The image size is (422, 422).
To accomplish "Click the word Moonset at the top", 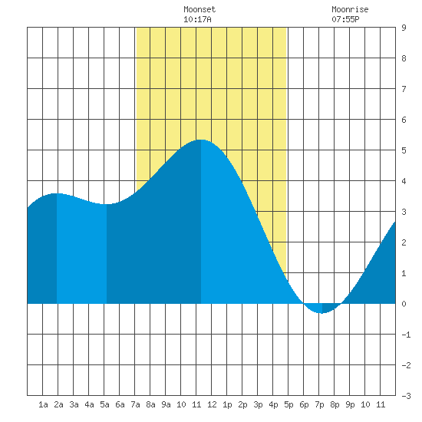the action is (x=199, y=9).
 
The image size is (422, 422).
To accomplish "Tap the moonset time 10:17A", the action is (x=197, y=19).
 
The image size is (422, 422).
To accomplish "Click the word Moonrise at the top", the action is (x=350, y=9).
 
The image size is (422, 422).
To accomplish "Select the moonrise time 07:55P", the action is (x=345, y=19).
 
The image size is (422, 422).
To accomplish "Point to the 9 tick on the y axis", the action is (x=404, y=28).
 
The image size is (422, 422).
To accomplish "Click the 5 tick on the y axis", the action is (x=404, y=150).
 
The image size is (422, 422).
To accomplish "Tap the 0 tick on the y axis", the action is (x=404, y=304).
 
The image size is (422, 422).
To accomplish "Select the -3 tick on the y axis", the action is (x=406, y=396).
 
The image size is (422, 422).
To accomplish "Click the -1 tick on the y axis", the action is (x=406, y=335).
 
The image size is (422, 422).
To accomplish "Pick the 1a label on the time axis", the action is (x=43, y=404).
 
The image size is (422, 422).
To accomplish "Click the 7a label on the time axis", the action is (x=135, y=404).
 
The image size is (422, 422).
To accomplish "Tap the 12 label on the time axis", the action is (x=212, y=404).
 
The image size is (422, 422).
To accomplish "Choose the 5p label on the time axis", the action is (x=288, y=404).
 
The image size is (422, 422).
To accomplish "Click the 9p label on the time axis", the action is (x=350, y=404).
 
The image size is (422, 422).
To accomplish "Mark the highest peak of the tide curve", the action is (x=201, y=140).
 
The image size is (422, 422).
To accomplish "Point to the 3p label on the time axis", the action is (x=258, y=404).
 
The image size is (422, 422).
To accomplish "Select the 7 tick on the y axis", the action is (x=404, y=89).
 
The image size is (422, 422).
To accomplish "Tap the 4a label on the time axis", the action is (x=89, y=404).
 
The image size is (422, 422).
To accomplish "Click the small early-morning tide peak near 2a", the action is (x=57, y=193).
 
